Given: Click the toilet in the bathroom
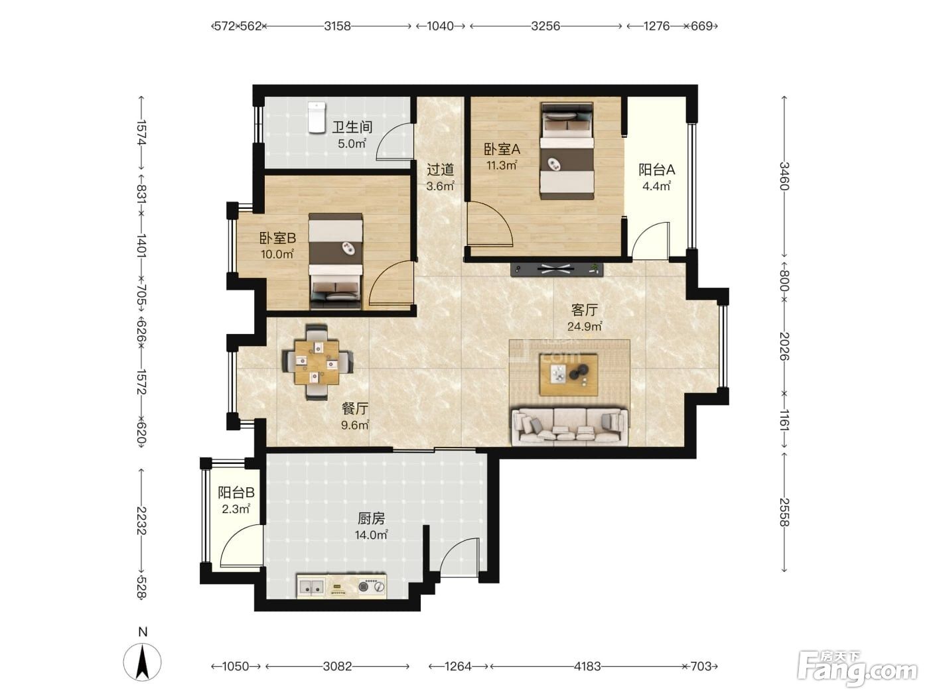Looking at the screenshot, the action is (x=316, y=117).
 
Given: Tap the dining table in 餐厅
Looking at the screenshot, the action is (x=317, y=362).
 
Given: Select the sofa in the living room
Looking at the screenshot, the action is (x=569, y=426).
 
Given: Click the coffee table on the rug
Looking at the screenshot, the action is (x=569, y=375).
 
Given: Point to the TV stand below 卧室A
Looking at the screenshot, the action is (x=557, y=268).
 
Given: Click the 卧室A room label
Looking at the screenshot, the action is (x=502, y=149).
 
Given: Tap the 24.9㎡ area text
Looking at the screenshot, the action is (x=585, y=326).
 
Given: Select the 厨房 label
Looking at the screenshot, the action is (x=371, y=518).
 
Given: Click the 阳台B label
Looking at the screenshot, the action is (x=236, y=493).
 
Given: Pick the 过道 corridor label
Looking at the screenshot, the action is (x=440, y=170).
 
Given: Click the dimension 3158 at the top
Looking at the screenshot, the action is (x=337, y=27).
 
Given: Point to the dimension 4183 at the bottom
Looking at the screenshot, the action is (x=587, y=666).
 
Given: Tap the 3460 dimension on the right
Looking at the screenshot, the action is (x=784, y=176).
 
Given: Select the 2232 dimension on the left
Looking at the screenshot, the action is (x=141, y=520).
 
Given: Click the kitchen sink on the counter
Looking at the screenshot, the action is (x=311, y=587).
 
